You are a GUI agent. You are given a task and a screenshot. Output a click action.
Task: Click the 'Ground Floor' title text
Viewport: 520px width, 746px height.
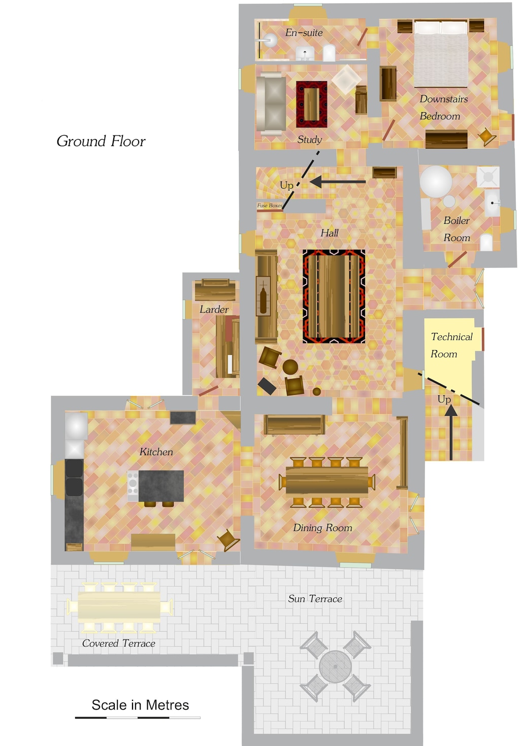(101, 141)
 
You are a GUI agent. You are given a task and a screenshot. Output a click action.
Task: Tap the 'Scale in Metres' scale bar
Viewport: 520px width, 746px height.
(138, 718)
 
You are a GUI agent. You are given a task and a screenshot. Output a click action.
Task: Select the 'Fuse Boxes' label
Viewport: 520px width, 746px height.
(269, 206)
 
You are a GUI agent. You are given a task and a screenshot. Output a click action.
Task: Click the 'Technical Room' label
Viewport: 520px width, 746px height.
(451, 345)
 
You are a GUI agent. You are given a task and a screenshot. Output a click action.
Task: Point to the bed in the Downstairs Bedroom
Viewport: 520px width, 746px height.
(441, 54)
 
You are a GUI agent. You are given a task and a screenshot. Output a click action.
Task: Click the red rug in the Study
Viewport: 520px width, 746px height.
(311, 104)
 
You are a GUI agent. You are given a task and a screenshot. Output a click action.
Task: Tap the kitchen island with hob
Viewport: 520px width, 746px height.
(156, 486)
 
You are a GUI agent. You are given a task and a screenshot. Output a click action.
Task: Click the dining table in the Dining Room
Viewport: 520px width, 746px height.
(327, 481)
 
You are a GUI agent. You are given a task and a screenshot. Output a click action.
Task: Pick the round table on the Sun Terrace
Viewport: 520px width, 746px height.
(335, 666)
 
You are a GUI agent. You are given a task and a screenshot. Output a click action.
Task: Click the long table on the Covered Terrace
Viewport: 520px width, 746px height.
(119, 607)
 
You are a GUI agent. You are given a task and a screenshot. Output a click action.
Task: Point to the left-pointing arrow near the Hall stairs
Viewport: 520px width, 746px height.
(337, 181)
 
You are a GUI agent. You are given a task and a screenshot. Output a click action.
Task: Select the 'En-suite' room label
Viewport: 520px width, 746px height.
(304, 32)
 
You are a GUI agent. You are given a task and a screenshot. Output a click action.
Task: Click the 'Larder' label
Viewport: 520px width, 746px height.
(214, 309)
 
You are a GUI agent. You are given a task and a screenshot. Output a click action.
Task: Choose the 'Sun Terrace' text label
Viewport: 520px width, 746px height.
(315, 599)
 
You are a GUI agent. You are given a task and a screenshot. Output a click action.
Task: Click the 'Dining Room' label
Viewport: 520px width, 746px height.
(322, 528)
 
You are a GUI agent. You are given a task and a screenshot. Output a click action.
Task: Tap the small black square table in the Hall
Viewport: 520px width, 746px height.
(267, 386)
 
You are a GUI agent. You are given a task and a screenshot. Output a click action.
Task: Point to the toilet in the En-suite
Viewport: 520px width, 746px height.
(329, 53)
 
